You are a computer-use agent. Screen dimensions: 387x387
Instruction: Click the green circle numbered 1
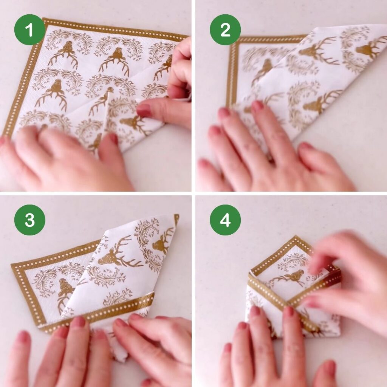pyautogui.click(x=29, y=29)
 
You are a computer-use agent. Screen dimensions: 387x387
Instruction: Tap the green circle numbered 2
pyautogui.click(x=225, y=29)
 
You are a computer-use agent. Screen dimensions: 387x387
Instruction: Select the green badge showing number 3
pyautogui.click(x=29, y=220)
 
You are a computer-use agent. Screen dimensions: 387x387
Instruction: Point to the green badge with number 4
pyautogui.click(x=225, y=220)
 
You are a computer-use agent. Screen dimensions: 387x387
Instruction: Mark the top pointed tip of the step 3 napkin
pyautogui.click(x=177, y=215)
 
